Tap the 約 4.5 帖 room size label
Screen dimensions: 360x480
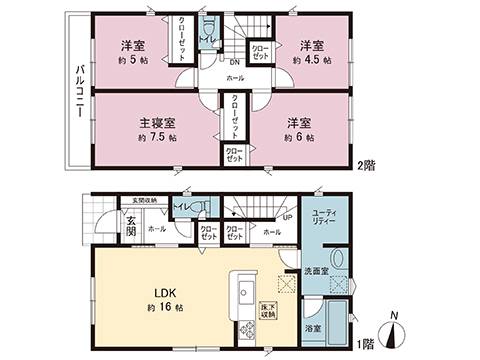(x=312, y=60)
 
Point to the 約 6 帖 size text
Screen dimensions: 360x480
(x=298, y=136)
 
